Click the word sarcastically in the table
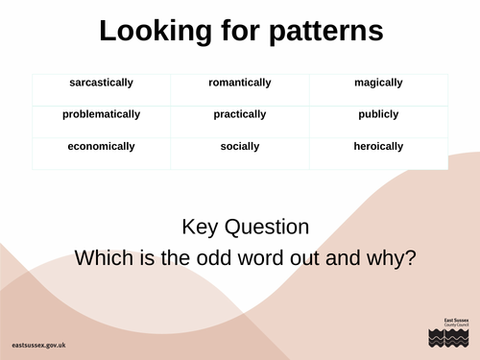click(x=101, y=83)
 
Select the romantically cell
click(x=240, y=83)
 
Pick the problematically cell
click(x=101, y=114)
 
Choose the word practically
click(x=240, y=114)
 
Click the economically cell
click(x=101, y=147)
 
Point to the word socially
click(x=240, y=147)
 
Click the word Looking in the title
click(x=155, y=32)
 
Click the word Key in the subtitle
click(x=201, y=228)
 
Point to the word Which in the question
click(x=104, y=258)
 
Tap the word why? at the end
click(x=391, y=258)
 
